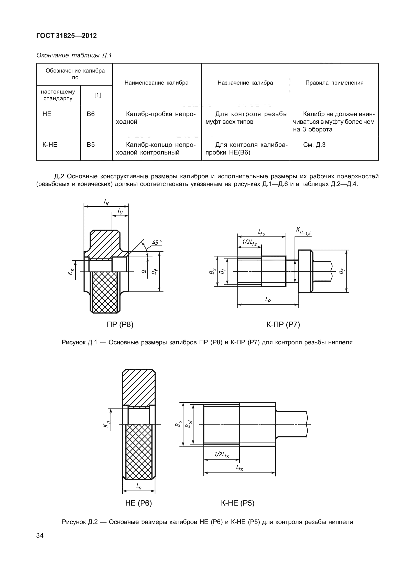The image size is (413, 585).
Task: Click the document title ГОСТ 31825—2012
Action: pos(67,36)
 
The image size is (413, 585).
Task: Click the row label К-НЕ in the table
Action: pos(50,145)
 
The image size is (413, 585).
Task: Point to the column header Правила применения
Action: pos(334,83)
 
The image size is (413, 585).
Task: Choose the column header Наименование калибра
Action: pos(156,83)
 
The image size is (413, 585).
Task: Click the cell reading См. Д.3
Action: pos(314,145)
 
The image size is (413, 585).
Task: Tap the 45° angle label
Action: pos(157,242)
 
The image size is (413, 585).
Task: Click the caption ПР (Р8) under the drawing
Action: pos(120,325)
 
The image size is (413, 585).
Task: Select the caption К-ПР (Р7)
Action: pos(283,325)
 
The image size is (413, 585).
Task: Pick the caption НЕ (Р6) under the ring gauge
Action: pos(138,504)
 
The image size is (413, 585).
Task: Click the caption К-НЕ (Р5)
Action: pos(238,504)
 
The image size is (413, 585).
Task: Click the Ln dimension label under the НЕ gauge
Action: pos(139,485)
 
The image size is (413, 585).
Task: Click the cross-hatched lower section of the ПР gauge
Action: pos(105,292)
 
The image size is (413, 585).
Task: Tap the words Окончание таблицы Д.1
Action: pos(74,55)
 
